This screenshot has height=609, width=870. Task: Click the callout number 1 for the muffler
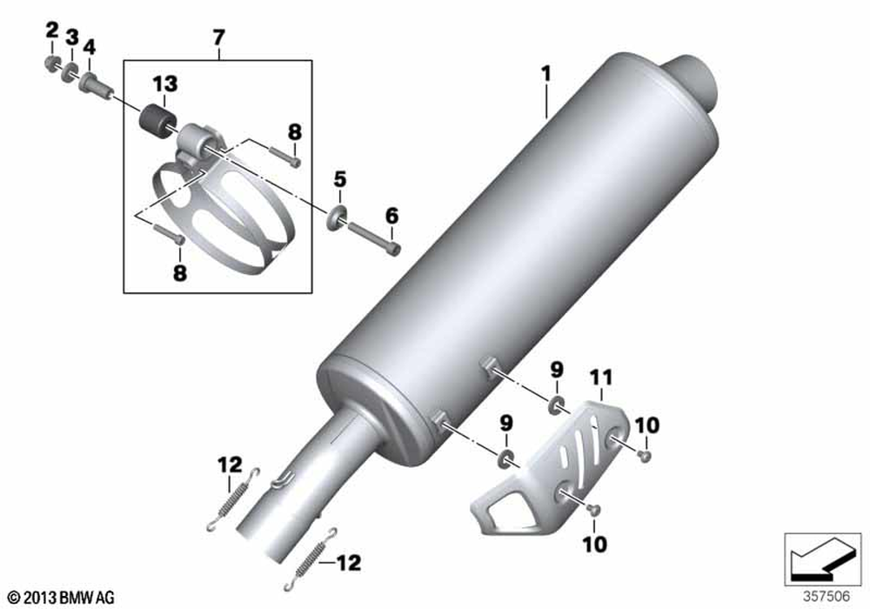click(x=546, y=74)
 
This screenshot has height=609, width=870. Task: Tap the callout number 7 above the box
click(x=219, y=37)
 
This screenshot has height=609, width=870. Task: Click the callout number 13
click(x=165, y=84)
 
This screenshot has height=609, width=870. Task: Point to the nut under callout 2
click(x=51, y=64)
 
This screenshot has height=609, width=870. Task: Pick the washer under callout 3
click(x=70, y=72)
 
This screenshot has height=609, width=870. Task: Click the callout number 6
click(x=391, y=215)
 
